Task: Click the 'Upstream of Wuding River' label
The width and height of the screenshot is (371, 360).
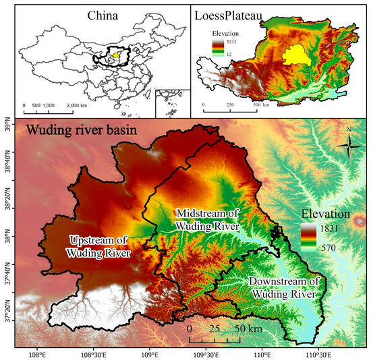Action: pos(99,246)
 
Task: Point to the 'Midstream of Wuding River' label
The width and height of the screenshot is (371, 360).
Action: pos(207,220)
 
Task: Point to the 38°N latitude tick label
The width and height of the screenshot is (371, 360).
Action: pos(8,239)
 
